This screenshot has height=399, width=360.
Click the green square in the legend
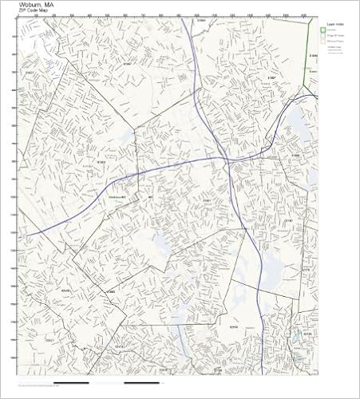327,31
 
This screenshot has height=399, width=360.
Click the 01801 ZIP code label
206,199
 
